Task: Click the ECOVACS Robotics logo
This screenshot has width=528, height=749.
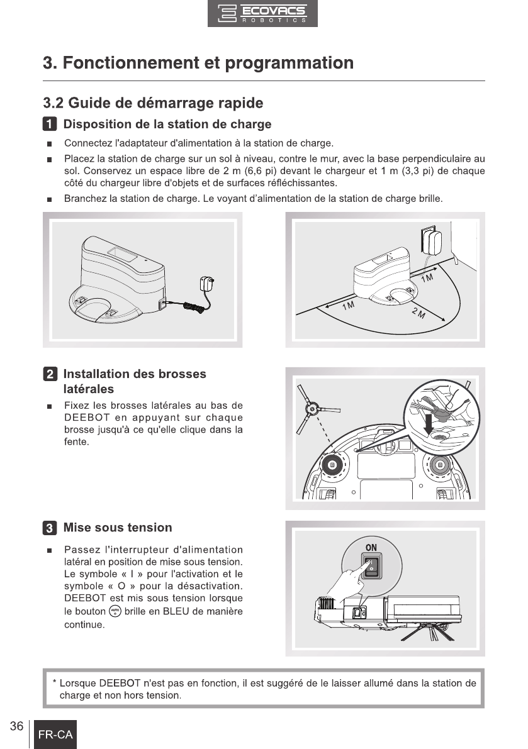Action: tap(262, 13)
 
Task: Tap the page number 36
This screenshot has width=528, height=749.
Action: tap(16, 726)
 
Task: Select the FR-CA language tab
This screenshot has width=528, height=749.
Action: tap(55, 734)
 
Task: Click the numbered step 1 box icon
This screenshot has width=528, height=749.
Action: tap(50, 124)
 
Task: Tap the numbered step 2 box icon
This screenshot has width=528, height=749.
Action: tap(50, 374)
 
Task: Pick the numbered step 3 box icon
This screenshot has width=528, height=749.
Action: tap(50, 528)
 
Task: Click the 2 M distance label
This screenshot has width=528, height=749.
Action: tap(418, 314)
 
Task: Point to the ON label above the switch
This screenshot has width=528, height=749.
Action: tap(371, 547)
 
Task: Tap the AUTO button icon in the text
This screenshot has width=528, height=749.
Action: tap(115, 611)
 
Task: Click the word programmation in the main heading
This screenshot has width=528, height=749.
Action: tap(289, 63)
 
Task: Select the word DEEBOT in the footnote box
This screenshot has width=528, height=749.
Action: tap(120, 683)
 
